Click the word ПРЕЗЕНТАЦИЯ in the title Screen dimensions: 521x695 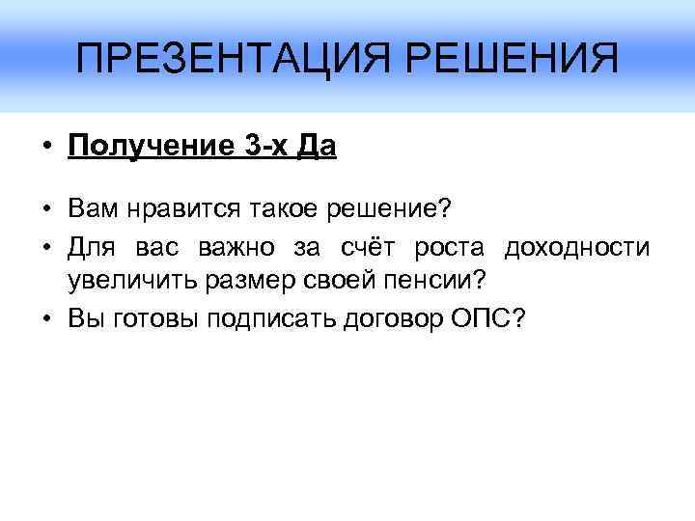[x=228, y=61]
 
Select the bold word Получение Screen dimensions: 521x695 [x=145, y=148]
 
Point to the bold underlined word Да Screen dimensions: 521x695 [x=317, y=148]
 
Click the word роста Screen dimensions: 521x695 [x=448, y=249]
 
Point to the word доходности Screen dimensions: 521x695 [x=576, y=249]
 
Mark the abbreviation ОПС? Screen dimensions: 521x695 [x=488, y=320]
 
